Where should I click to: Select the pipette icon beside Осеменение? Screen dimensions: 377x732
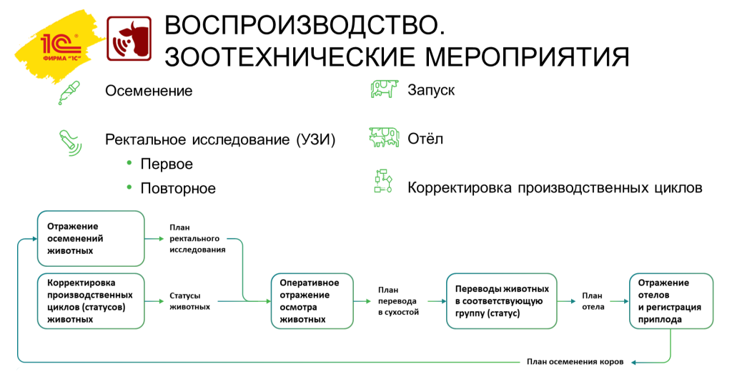tap(69, 92)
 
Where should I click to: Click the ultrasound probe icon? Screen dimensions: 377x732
tap(70, 140)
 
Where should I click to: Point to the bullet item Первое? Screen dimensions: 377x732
tap(167, 164)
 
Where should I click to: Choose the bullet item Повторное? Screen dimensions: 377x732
tap(178, 189)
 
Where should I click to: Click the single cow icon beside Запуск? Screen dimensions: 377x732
tap(384, 89)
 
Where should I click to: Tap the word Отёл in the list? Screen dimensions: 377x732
tap(425, 138)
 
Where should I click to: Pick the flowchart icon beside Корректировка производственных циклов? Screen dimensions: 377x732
tap(384, 182)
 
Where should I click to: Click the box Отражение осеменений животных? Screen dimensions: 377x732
tap(90, 238)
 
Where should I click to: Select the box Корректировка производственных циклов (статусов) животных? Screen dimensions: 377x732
tap(90, 300)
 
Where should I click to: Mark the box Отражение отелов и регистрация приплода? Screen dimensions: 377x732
tap(670, 300)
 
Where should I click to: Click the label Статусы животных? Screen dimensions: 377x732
tap(189, 300)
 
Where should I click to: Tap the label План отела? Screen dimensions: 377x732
tap(593, 300)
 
